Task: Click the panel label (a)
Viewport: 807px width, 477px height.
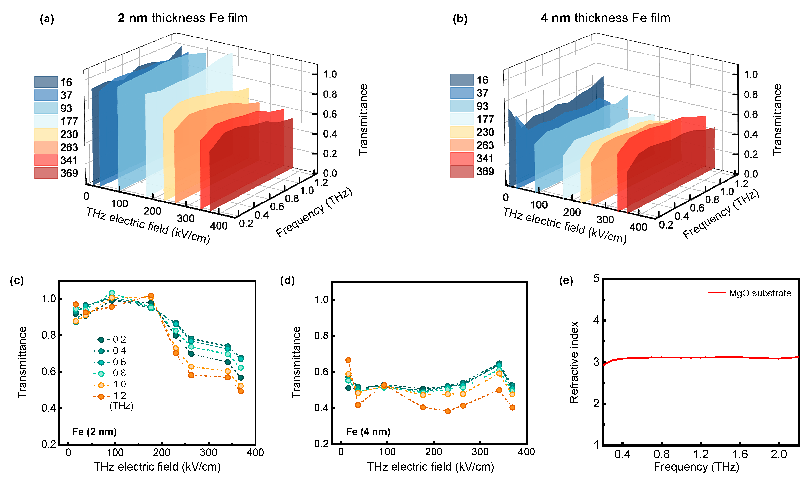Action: pyautogui.click(x=47, y=19)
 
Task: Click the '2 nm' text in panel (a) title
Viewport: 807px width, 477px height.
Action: pyautogui.click(x=133, y=18)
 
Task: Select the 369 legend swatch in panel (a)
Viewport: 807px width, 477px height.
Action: pyautogui.click(x=46, y=173)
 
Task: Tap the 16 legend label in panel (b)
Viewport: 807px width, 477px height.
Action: pyautogui.click(x=482, y=80)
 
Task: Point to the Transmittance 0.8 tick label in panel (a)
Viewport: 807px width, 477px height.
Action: pyautogui.click(x=330, y=94)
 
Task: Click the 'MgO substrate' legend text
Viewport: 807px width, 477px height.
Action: pyautogui.click(x=760, y=293)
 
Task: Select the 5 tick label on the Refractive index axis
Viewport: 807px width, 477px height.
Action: pyautogui.click(x=596, y=278)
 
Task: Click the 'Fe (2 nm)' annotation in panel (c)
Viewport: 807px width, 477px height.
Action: pyautogui.click(x=94, y=431)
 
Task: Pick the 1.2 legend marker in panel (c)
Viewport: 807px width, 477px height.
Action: pyautogui.click(x=101, y=396)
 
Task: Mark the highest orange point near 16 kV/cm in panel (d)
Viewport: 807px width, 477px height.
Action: pyautogui.click(x=348, y=360)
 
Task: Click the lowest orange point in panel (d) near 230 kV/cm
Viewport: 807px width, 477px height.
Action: pyautogui.click(x=447, y=411)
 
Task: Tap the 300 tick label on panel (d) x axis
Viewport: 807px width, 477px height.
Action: pyautogui.click(x=480, y=452)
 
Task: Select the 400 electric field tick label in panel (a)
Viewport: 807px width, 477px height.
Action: pyautogui.click(x=219, y=226)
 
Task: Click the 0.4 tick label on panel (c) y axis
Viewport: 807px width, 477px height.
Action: pyautogui.click(x=49, y=408)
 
